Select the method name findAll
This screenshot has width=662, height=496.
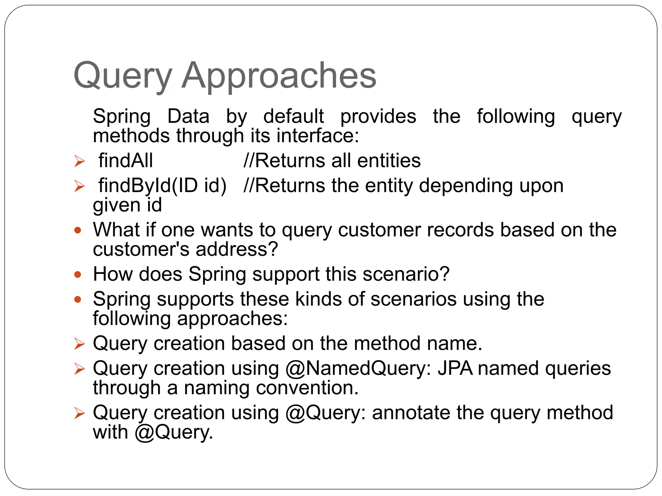[x=125, y=160]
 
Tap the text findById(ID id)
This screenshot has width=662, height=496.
[x=162, y=186]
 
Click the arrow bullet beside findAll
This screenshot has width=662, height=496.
[x=79, y=161]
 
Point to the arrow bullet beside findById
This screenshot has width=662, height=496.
[x=79, y=186]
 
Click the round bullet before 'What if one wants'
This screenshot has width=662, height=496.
[x=78, y=230]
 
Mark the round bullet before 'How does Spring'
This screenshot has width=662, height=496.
[x=78, y=274]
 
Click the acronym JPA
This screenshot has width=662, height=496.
[x=455, y=368]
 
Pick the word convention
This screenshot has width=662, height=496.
[x=304, y=388]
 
